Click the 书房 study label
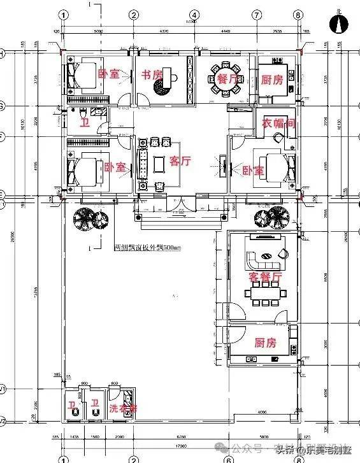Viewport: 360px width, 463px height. pos(152,75)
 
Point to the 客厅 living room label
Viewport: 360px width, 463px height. pos(180,162)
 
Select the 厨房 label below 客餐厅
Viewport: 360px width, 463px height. pos(266,343)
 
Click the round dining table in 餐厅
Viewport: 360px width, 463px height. pos(224,78)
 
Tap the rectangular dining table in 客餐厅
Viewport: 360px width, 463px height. pos(263,294)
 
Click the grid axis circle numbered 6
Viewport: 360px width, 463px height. pos(227,458)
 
